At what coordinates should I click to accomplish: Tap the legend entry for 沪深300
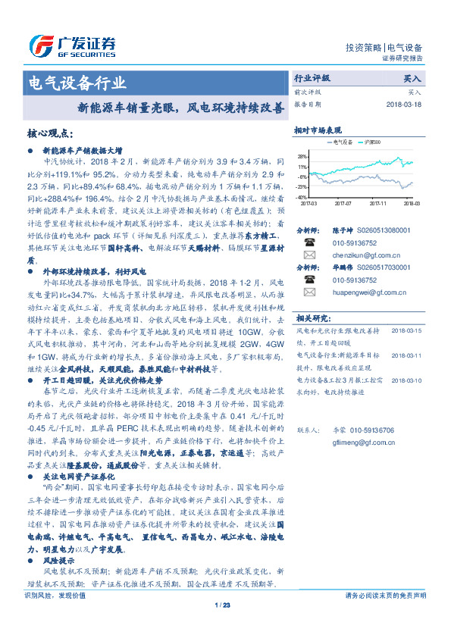(374, 142)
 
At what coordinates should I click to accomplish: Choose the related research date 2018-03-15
(406, 331)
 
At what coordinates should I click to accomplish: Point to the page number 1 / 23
(222, 605)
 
